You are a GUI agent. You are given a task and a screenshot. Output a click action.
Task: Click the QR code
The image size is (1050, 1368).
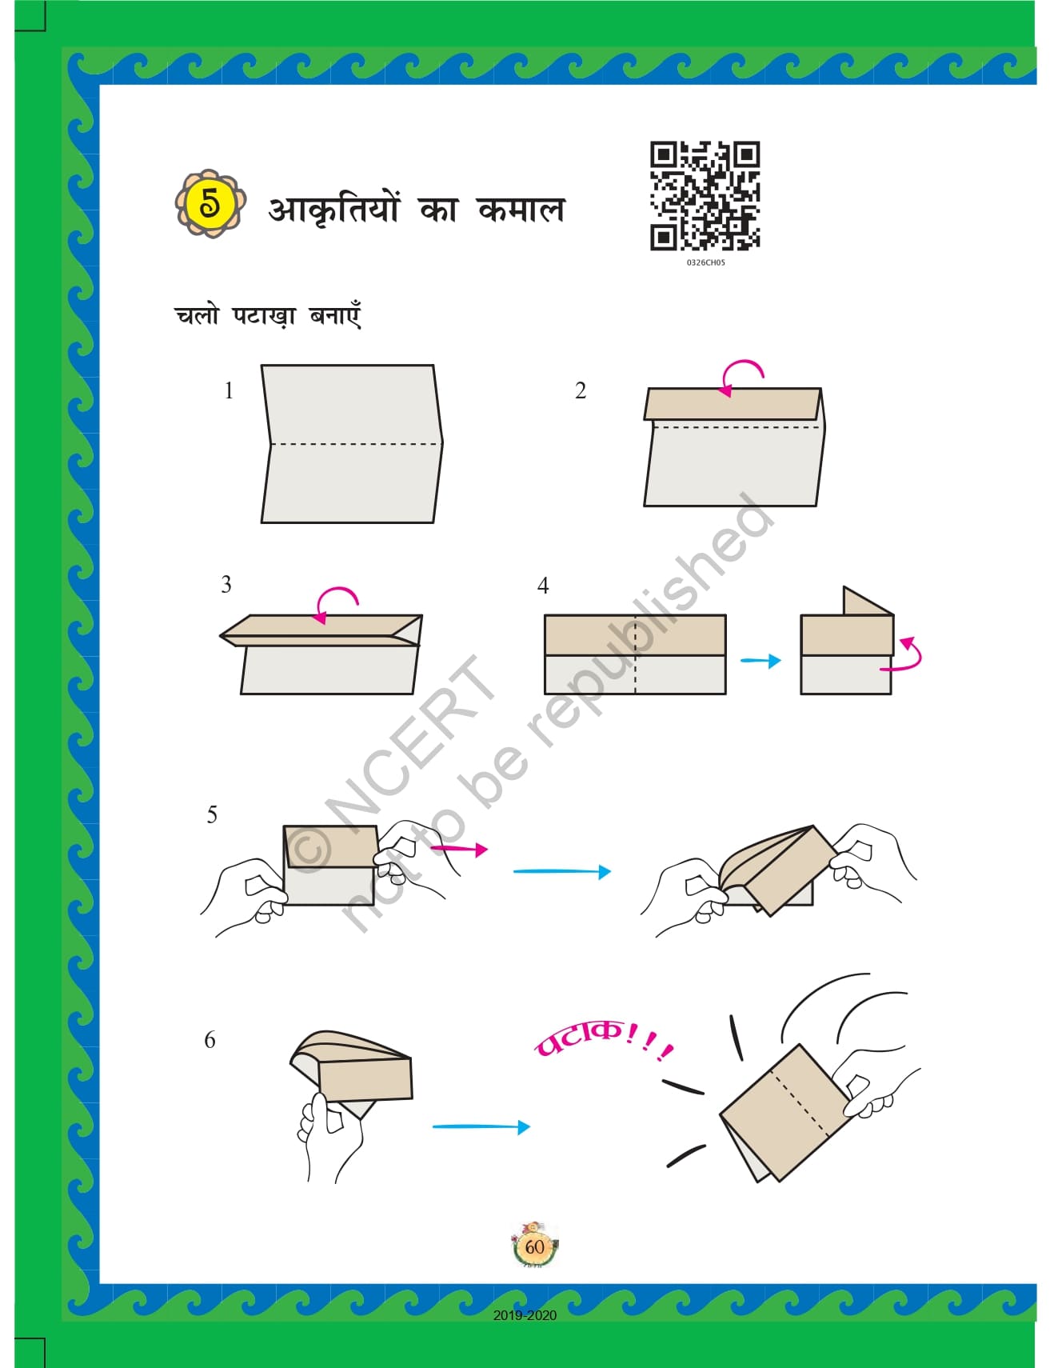coord(705,196)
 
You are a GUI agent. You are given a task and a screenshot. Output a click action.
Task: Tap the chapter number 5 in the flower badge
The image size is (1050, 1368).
coord(210,203)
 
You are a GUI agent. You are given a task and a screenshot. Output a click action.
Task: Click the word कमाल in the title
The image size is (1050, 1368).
coord(521,209)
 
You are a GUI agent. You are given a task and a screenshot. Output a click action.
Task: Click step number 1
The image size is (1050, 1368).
coord(229,390)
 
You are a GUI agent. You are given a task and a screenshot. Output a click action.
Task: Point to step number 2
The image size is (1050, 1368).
coord(581,390)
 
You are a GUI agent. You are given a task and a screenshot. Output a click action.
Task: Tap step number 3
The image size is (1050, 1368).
coord(226,585)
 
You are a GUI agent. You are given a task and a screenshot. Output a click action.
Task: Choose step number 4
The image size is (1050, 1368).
coord(543,586)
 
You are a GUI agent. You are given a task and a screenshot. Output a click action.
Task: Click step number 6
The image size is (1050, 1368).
coord(210,1039)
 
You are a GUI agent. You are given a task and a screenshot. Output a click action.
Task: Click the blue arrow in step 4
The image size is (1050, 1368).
coord(761,661)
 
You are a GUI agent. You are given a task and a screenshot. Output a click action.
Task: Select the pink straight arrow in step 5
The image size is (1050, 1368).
coord(459,849)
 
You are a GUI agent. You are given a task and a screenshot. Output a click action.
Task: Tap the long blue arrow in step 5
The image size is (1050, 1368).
coord(562,871)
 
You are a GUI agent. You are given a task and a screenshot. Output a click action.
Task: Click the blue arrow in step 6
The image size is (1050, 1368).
coord(481,1126)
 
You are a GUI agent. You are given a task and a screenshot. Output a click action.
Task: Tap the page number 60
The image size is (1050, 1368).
coord(534,1246)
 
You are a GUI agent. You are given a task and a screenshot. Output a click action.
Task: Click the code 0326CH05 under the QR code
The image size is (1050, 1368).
coord(705,262)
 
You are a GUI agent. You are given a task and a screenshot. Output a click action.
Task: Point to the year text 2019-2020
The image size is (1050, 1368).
coord(525,1315)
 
